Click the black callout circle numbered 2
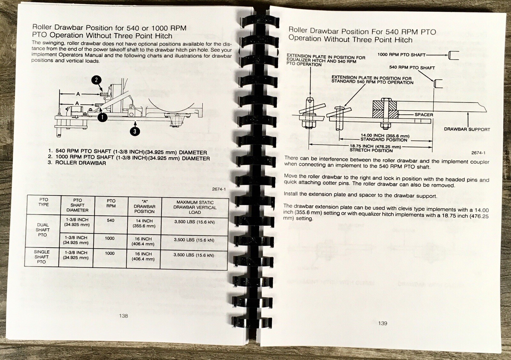tap(96, 80)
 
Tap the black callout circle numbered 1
tap(103, 117)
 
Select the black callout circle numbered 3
tap(135, 131)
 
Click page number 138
tap(123, 316)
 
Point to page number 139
tap(383, 323)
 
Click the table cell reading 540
tap(111, 221)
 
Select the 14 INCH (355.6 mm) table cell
tap(144, 223)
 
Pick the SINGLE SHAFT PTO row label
tap(42, 257)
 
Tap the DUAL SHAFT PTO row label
tap(43, 230)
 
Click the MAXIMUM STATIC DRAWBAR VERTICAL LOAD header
tap(195, 207)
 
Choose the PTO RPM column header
tap(111, 203)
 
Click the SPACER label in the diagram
tap(423, 115)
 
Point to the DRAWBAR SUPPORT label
tap(467, 129)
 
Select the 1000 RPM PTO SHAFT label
tap(401, 55)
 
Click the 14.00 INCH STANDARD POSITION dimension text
tap(385, 138)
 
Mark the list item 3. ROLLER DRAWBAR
tap(77, 163)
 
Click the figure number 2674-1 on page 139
tap(478, 153)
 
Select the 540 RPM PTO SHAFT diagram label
tap(412, 67)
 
